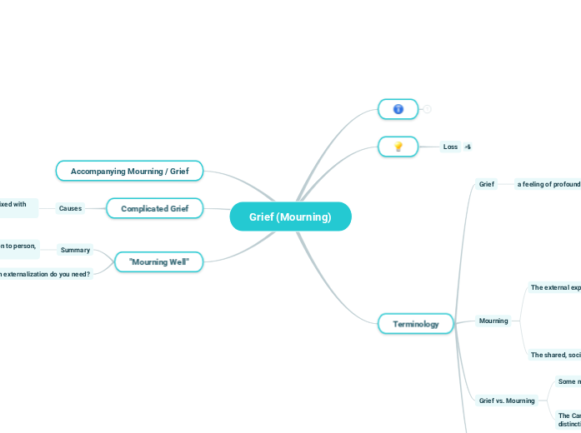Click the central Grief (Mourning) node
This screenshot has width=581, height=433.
pos(290,217)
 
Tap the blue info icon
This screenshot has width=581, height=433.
pos(398,109)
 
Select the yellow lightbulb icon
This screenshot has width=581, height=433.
pos(398,147)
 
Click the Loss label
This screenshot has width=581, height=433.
pos(450,147)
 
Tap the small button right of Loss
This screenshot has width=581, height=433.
pos(468,147)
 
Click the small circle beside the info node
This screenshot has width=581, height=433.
pos(427,109)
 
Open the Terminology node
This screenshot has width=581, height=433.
pos(415,324)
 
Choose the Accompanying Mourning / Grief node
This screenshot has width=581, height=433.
pos(129,171)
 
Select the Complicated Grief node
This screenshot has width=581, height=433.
pos(155,208)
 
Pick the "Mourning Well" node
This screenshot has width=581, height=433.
pos(158,262)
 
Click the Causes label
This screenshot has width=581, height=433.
pos(70,208)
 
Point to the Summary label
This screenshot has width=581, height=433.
pos(75,250)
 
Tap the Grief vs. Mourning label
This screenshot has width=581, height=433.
pos(507,401)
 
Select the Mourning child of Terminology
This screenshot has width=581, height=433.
pos(493,321)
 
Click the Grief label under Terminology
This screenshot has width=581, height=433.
pos(486,184)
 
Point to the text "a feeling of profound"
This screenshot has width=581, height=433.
pos(548,184)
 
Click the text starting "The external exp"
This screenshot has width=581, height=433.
pos(554,287)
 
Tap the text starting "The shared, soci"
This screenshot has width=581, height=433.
pos(554,355)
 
